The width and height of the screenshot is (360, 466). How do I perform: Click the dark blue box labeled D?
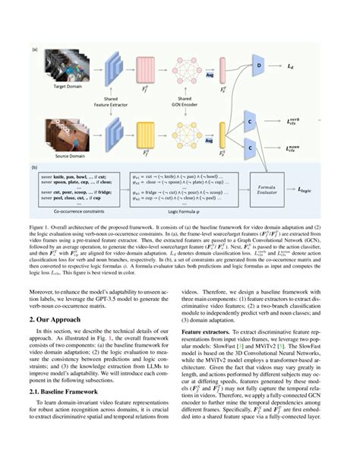pos(259,66)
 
